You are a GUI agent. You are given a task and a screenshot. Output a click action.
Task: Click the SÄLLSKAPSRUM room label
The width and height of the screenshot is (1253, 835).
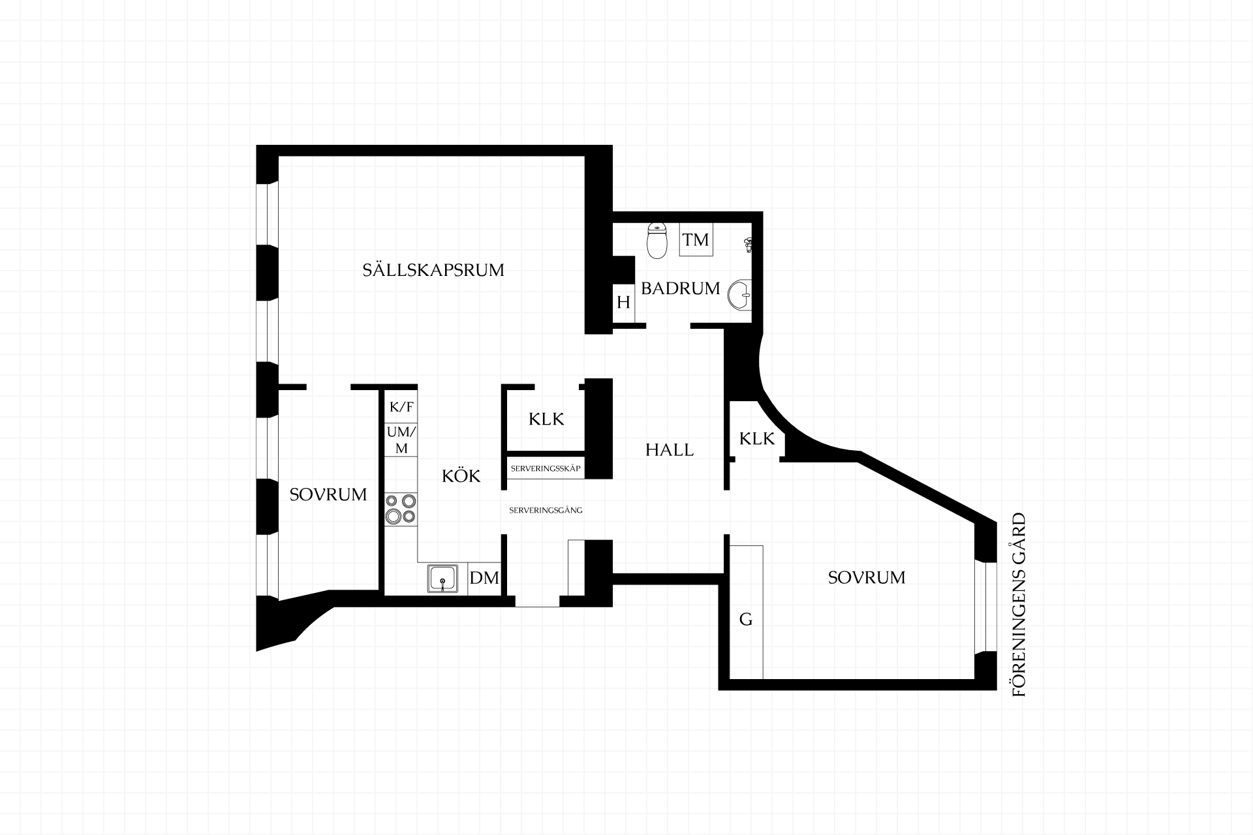pyautogui.click(x=433, y=269)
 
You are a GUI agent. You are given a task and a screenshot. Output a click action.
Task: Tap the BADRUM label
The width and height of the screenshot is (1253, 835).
pyautogui.click(x=680, y=288)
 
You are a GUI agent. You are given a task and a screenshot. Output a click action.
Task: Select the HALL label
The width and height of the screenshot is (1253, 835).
pyautogui.click(x=670, y=449)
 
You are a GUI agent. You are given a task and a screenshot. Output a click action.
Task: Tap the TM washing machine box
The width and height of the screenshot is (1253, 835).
pyautogui.click(x=696, y=239)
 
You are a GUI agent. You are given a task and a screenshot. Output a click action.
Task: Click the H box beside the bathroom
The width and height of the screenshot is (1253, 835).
pyautogui.click(x=623, y=303)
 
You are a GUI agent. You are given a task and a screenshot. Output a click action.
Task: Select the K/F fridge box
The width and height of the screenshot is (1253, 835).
pyautogui.click(x=401, y=407)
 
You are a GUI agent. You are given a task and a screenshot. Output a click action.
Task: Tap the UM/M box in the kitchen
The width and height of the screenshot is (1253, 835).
pyautogui.click(x=401, y=440)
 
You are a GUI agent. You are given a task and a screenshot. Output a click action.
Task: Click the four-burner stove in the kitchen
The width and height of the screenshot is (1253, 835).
pyautogui.click(x=401, y=509)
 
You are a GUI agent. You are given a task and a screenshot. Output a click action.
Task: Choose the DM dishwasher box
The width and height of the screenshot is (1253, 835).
pyautogui.click(x=484, y=578)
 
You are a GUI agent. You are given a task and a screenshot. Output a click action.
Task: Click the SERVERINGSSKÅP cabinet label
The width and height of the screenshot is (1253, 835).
pyautogui.click(x=546, y=469)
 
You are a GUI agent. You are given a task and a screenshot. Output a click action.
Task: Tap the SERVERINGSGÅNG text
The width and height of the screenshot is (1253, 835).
pyautogui.click(x=546, y=510)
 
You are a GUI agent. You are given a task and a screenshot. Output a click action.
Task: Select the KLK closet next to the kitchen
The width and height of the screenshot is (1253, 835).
pyautogui.click(x=546, y=419)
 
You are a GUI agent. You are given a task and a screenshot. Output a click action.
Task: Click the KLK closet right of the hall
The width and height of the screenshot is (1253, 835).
pyautogui.click(x=757, y=438)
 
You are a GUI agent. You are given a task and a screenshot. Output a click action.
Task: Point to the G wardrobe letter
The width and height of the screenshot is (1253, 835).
pyautogui.click(x=746, y=619)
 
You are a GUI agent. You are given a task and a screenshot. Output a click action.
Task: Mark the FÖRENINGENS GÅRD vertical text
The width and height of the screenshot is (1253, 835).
pyautogui.click(x=1019, y=605)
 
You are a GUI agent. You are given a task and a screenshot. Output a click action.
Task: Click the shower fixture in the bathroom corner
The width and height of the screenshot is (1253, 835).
pyautogui.click(x=748, y=245)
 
